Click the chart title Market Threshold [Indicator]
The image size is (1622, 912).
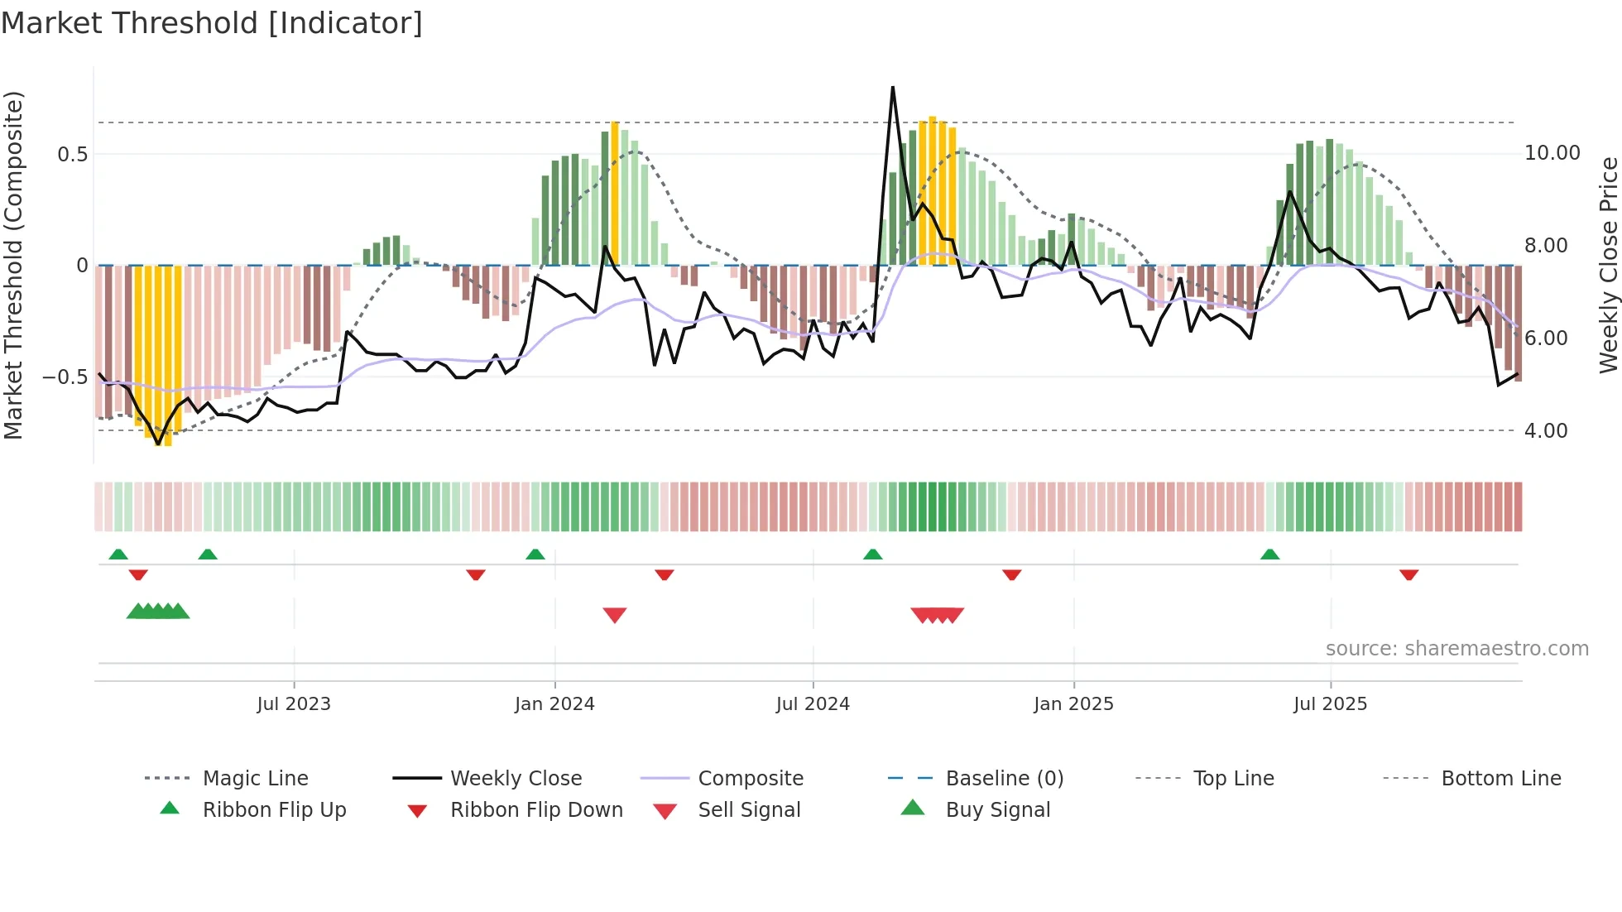pyautogui.click(x=212, y=23)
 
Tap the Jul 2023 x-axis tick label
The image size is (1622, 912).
pyautogui.click(x=293, y=704)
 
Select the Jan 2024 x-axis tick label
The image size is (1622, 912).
pyautogui.click(x=554, y=704)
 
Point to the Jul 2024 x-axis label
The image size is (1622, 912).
pyautogui.click(x=813, y=704)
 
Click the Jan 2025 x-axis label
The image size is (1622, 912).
pyautogui.click(x=1073, y=704)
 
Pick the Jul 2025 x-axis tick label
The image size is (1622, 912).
pyautogui.click(x=1330, y=704)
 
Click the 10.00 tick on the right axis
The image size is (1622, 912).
pyautogui.click(x=1552, y=153)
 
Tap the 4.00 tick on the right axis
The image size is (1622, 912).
pyautogui.click(x=1546, y=431)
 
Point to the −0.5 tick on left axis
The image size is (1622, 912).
pyautogui.click(x=65, y=377)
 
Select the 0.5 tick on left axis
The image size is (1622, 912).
pyautogui.click(x=73, y=155)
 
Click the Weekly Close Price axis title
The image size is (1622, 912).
pyautogui.click(x=1608, y=265)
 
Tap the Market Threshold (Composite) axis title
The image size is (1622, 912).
pyautogui.click(x=13, y=265)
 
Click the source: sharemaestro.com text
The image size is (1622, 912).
pyautogui.click(x=1456, y=649)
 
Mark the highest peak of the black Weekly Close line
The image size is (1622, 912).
pyautogui.click(x=893, y=87)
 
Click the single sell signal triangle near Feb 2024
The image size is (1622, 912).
pyautogui.click(x=615, y=615)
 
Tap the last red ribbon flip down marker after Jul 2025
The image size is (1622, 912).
pyautogui.click(x=1408, y=574)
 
